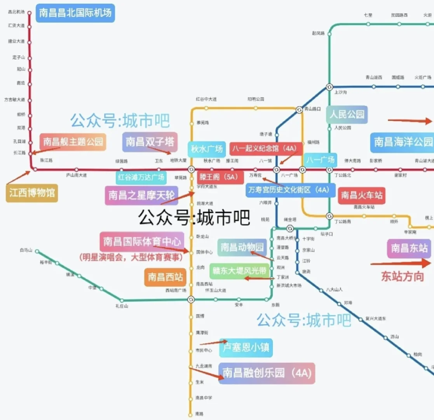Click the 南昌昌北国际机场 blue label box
[75, 13]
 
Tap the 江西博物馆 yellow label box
[32, 193]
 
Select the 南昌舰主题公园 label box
[73, 142]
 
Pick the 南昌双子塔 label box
[150, 142]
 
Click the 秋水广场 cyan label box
[207, 149]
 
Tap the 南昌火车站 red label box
[361, 195]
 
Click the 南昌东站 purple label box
[410, 248]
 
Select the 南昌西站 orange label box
[165, 278]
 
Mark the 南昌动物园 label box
[242, 247]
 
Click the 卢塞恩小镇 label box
[246, 347]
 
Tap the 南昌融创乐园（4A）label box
[267, 373]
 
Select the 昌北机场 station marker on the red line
[29, 12]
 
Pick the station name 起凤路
[318, 33]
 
